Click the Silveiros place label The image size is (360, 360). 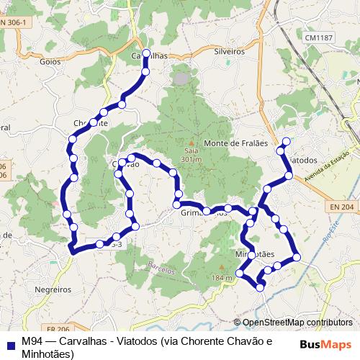click(230, 52)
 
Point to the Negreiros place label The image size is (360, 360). click(52, 289)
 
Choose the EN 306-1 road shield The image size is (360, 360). click(13, 23)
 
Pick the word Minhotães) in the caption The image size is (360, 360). click(48, 354)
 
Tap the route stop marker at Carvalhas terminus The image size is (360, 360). click(146, 53)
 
